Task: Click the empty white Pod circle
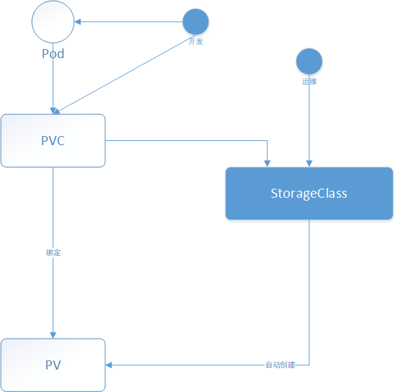(53, 22)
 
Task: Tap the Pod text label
(53, 54)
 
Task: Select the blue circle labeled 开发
(196, 22)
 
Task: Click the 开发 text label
(196, 41)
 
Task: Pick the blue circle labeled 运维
(309, 61)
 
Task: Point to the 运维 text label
(309, 81)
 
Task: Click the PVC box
(53, 141)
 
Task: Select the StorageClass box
(309, 194)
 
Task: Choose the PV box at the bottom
(53, 365)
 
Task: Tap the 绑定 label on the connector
(53, 252)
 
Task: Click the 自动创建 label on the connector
(281, 365)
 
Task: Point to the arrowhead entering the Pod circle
(77, 22)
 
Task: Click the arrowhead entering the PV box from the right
(109, 365)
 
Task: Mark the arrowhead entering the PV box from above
(53, 335)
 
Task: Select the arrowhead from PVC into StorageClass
(267, 163)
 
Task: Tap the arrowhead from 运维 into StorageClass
(309, 163)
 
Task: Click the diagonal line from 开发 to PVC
(125, 74)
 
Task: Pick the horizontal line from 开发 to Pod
(128, 22)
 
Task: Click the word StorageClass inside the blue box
(309, 194)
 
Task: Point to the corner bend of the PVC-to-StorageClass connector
(267, 140)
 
